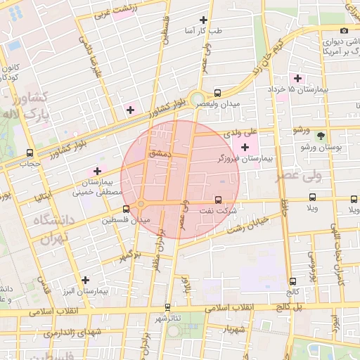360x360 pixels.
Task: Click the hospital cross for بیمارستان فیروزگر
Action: click(x=245, y=147)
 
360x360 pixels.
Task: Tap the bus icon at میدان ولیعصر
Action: click(x=217, y=92)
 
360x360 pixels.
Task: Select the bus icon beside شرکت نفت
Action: click(x=217, y=200)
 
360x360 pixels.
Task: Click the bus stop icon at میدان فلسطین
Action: click(x=127, y=209)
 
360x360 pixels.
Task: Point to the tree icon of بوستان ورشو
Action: click(x=321, y=136)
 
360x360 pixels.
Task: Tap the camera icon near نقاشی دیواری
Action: click(x=344, y=30)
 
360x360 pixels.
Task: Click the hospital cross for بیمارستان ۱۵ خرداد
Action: click(x=298, y=78)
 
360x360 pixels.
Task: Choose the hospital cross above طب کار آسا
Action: click(x=204, y=20)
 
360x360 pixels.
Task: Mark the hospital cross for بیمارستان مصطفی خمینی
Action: click(x=97, y=171)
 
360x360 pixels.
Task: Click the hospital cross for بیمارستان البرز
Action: click(x=85, y=280)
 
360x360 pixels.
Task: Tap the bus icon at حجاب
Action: click(x=30, y=153)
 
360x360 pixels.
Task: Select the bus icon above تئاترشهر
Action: click(x=167, y=307)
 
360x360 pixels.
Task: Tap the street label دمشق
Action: click(x=160, y=153)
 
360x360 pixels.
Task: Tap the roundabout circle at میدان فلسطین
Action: click(x=141, y=204)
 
